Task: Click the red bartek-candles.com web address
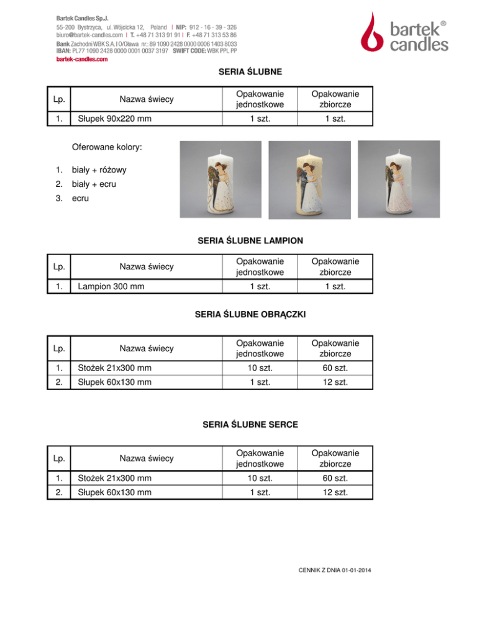(82, 60)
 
